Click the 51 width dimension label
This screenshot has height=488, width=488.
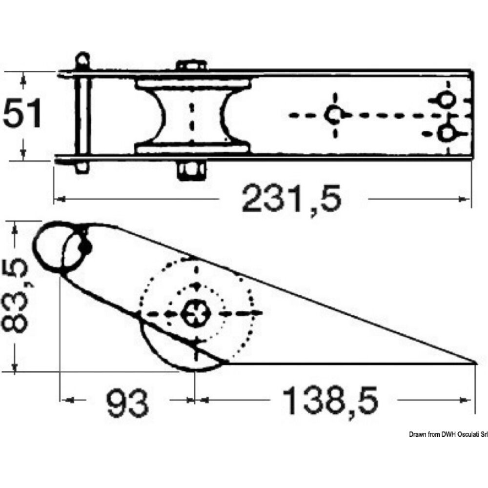click(x=23, y=114)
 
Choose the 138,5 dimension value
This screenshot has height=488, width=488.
click(x=331, y=401)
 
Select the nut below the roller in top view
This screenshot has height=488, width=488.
click(x=190, y=170)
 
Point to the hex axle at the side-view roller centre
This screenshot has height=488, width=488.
click(x=195, y=313)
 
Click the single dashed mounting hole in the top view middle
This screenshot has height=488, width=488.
click(x=334, y=115)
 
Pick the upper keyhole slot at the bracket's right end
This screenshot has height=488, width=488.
click(x=446, y=100)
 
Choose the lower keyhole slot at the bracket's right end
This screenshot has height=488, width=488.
click(x=446, y=132)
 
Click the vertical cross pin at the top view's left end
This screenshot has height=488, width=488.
click(x=81, y=115)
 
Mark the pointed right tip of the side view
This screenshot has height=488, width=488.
click(x=475, y=362)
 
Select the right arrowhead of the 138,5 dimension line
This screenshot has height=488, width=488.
click(x=469, y=401)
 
